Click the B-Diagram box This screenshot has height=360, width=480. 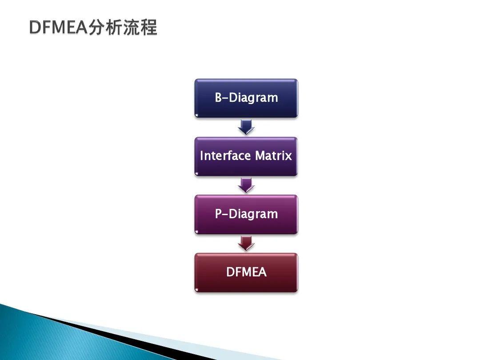pyautogui.click(x=246, y=98)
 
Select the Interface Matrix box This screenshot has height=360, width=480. pyautogui.click(x=246, y=156)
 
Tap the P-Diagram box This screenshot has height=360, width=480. pyautogui.click(x=246, y=214)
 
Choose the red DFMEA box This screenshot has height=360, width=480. pyautogui.click(x=246, y=272)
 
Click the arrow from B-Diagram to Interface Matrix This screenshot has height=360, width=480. pyautogui.click(x=246, y=127)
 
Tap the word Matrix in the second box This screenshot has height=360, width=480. pyautogui.click(x=273, y=156)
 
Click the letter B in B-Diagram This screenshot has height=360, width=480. pyautogui.click(x=218, y=98)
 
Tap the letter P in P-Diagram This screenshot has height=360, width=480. pyautogui.click(x=218, y=214)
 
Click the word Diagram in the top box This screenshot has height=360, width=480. pyautogui.click(x=255, y=98)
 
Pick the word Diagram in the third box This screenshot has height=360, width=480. pyautogui.click(x=255, y=214)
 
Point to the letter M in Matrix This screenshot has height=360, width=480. pyautogui.click(x=260, y=156)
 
